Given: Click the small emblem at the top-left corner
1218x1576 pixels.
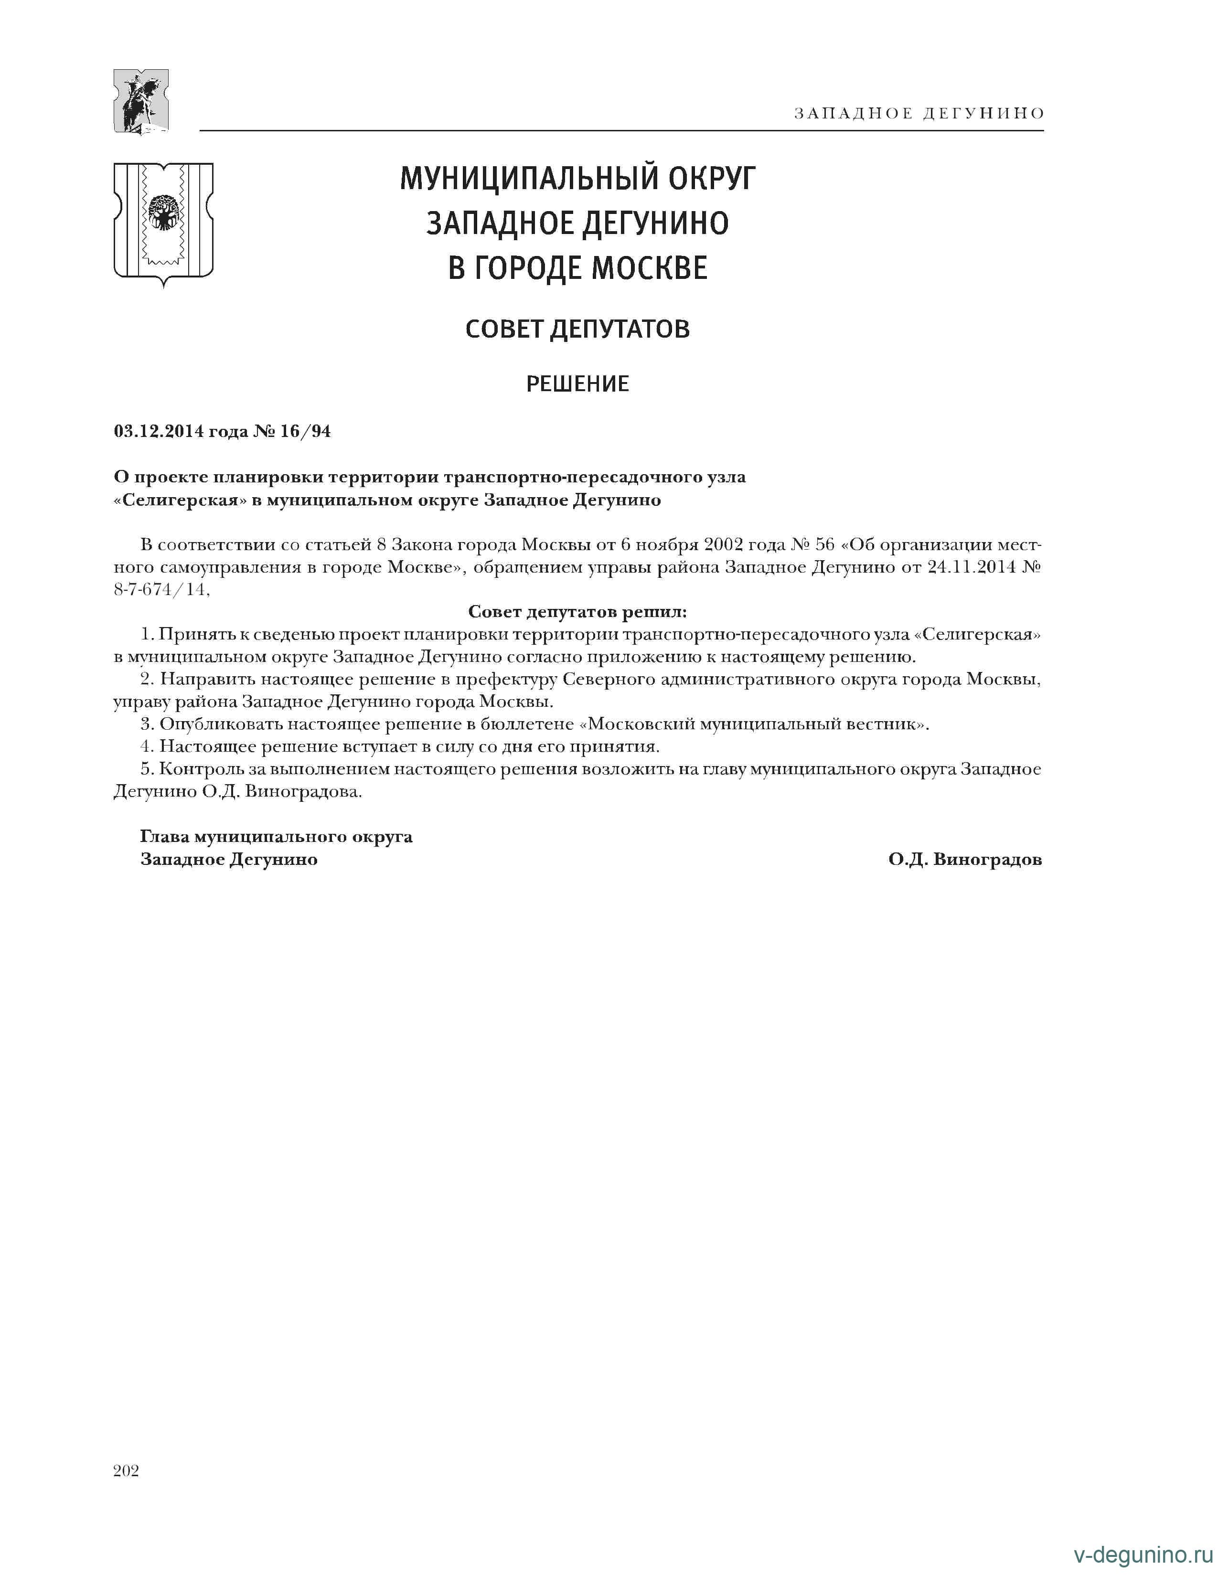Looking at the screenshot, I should coord(141,101).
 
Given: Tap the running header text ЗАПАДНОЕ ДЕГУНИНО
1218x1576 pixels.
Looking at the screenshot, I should coord(919,113).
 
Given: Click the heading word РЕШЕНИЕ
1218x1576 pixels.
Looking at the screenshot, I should coord(577,384).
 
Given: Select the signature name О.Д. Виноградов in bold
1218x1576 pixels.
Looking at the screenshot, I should coord(965,860).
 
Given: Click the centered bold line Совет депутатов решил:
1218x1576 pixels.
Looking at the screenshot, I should coord(577,612).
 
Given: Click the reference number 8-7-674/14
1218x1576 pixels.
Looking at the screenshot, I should coord(161,589).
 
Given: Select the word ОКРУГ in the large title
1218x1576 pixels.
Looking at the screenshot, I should coord(711,178).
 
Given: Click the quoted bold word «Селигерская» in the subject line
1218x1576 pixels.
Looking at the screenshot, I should coord(176,500).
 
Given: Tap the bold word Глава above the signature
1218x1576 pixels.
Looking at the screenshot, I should coord(164,837).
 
